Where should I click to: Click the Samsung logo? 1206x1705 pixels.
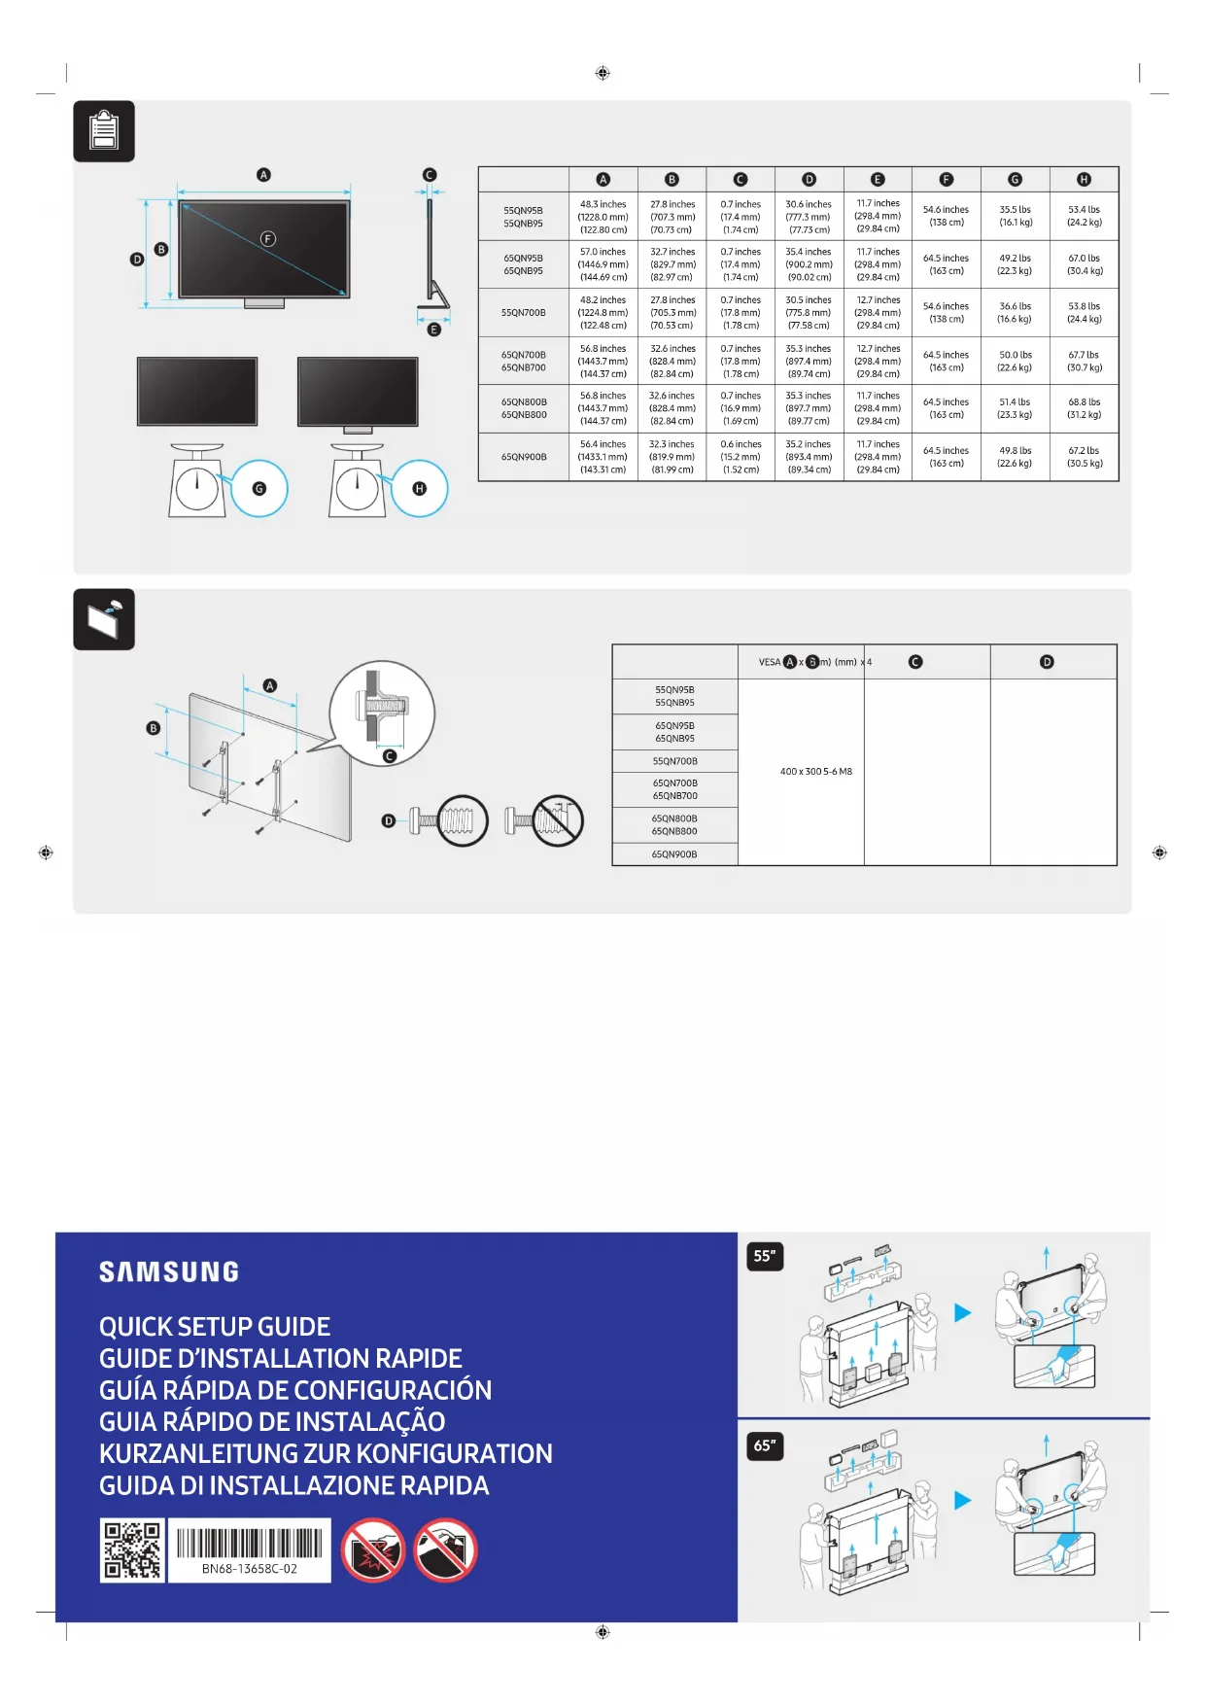point(169,1271)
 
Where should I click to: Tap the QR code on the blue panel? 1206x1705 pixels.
point(132,1550)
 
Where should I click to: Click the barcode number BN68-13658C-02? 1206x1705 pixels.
point(250,1569)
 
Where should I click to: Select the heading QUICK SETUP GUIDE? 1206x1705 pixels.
point(215,1327)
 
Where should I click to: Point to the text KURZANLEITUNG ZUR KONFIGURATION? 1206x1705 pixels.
point(326,1454)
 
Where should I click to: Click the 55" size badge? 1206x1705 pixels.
point(765,1256)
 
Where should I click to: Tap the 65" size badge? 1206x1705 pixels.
point(765,1445)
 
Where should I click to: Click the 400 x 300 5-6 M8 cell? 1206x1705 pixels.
point(815,772)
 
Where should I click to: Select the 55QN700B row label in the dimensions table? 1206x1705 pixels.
point(523,313)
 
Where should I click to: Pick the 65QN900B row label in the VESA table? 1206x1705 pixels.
point(674,854)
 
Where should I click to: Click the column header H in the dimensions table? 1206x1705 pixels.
point(1084,180)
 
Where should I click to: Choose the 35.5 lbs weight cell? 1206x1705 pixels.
point(1015,216)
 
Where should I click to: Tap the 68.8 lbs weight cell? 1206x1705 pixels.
point(1084,408)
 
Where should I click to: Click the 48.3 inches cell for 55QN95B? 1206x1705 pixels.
point(603,217)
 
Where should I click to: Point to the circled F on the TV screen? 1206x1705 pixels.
point(268,239)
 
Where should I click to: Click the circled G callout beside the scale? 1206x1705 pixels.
point(259,489)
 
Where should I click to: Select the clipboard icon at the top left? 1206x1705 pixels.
point(104,131)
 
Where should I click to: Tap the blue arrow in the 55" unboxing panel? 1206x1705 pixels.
point(962,1313)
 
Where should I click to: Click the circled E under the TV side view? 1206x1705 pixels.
point(434,330)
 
